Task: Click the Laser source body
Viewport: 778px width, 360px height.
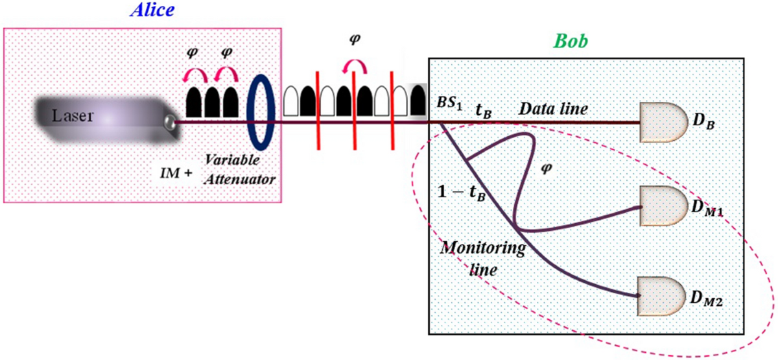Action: tap(97, 117)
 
